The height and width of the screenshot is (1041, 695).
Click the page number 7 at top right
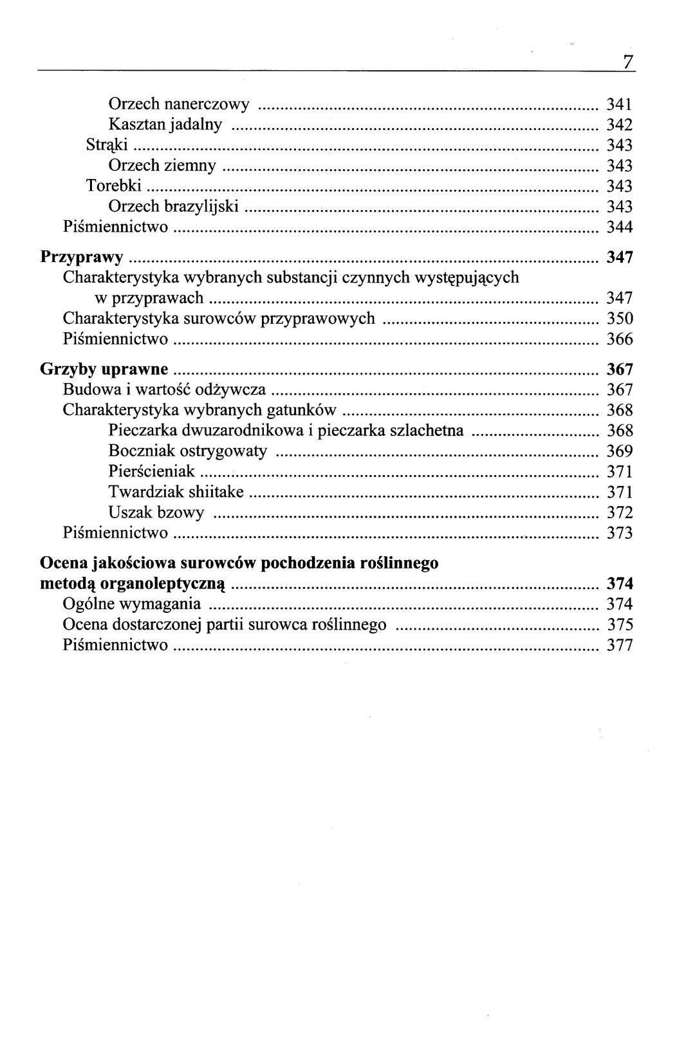pos(628,61)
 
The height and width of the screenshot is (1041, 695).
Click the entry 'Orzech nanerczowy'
pos(179,104)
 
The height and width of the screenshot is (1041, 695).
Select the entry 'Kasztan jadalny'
pos(165,125)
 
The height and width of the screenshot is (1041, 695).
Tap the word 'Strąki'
pos(107,145)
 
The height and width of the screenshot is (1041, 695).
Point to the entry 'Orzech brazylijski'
pos(174,207)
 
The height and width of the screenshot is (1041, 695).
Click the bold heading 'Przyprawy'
pos(82,258)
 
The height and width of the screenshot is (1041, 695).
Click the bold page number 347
pos(620,258)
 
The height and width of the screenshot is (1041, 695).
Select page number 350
pos(620,319)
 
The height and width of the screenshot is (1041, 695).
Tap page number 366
pos(620,339)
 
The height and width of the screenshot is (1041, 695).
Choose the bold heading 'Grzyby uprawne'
pos(104,370)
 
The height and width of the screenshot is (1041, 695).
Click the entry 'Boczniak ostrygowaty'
pos(188,451)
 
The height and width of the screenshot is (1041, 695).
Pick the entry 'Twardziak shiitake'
pos(176,492)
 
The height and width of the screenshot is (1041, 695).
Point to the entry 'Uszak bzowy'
pos(156,513)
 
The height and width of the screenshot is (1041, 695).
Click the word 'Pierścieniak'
pos(152,472)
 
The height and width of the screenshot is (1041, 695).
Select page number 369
pos(620,451)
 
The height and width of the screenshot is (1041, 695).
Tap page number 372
pos(620,513)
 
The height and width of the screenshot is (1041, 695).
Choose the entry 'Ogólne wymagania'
pos(132,605)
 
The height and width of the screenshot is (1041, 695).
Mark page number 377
pos(620,646)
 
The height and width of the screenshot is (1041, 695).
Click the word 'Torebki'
pos(114,186)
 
